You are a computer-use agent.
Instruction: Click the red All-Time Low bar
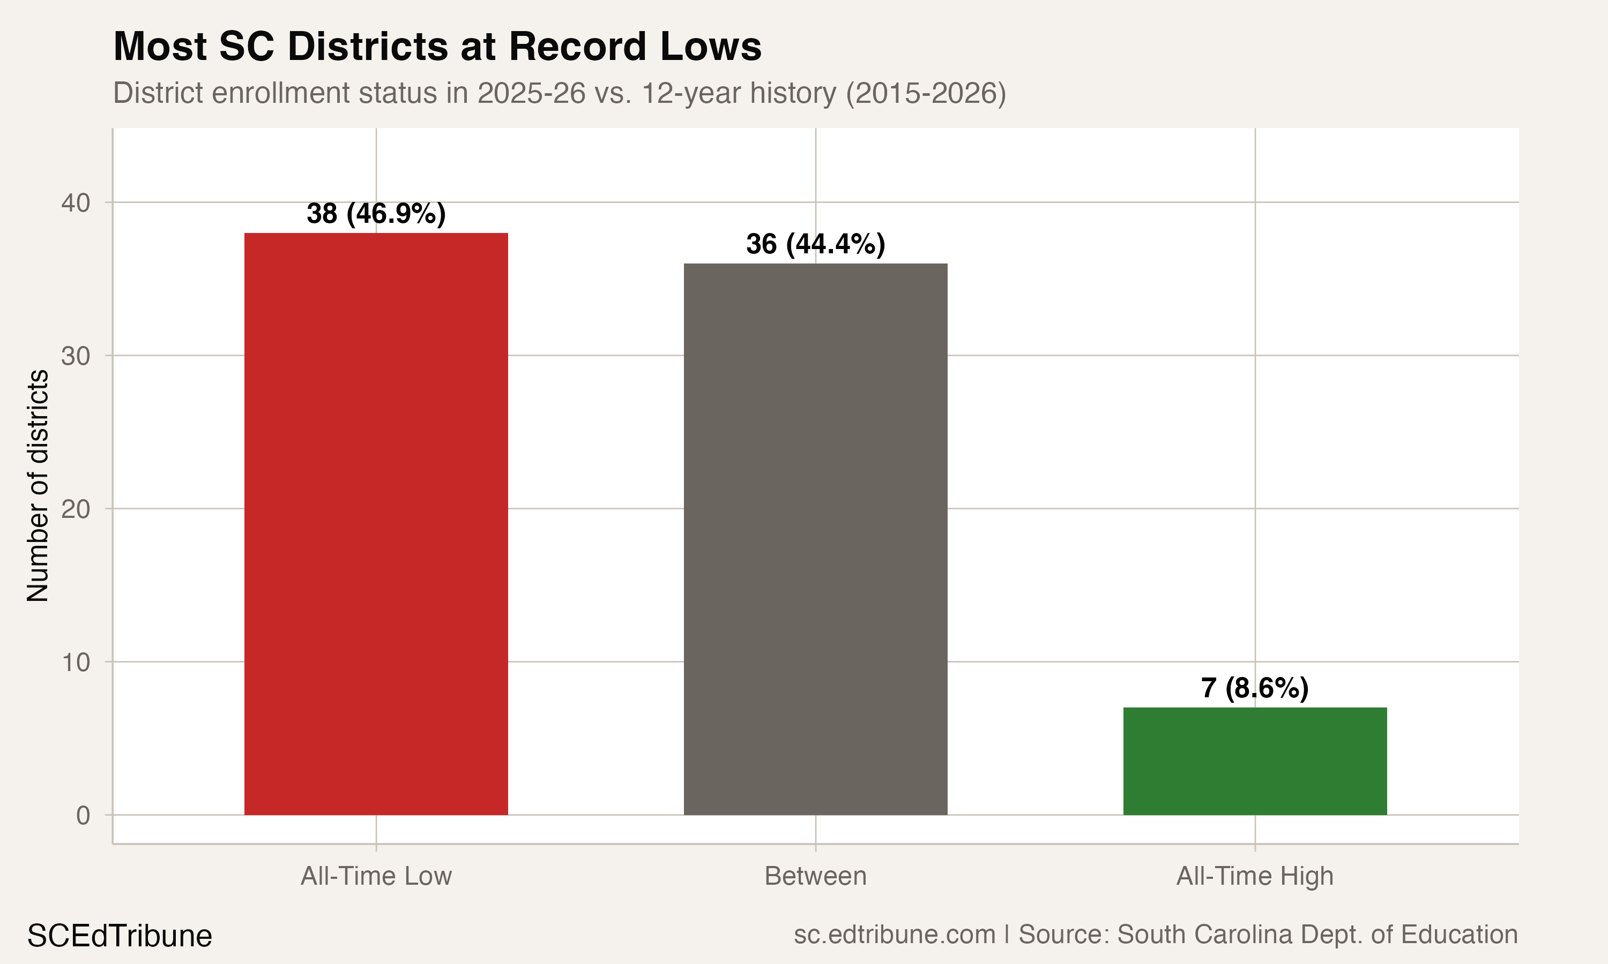[376, 524]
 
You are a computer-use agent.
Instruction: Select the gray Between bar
[815, 539]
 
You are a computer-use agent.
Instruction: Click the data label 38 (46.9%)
[376, 214]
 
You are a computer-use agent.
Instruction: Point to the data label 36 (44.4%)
[815, 244]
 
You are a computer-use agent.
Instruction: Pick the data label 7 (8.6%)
[1254, 688]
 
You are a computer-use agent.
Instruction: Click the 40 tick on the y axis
[76, 202]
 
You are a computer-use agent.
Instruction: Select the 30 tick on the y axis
[76, 356]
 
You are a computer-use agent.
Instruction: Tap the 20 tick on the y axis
[76, 509]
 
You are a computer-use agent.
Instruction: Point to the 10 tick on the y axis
[76, 662]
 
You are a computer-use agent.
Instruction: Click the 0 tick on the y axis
[83, 815]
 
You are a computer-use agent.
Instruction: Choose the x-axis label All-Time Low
[376, 876]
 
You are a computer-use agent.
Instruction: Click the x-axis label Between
[815, 876]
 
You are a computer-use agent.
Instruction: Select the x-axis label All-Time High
[1254, 876]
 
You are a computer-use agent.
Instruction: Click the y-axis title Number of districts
[38, 485]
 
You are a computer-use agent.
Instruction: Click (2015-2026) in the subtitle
[926, 93]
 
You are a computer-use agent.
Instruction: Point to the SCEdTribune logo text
[120, 936]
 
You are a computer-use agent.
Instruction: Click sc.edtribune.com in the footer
[895, 934]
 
